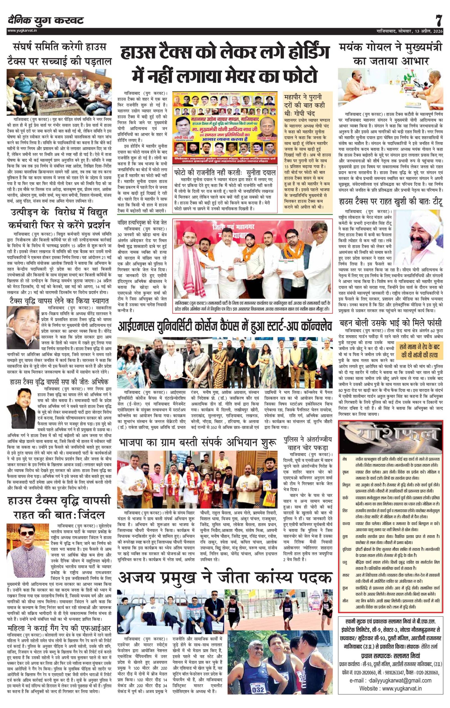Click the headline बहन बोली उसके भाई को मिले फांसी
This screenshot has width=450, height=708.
391,323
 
